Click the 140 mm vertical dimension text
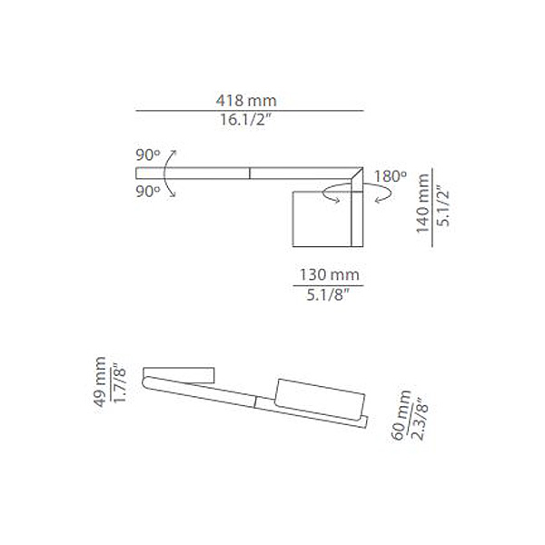422,205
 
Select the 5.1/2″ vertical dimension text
443,205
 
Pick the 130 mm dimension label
330,273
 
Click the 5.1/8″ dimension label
330,294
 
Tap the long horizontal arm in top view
245,173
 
